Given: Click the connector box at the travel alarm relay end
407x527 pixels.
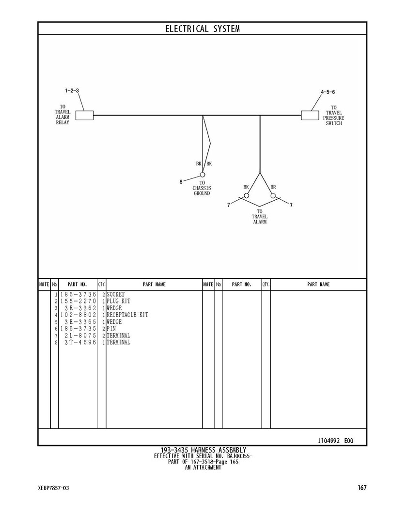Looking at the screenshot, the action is (x=84, y=115).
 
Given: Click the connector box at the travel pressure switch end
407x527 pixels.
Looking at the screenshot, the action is (x=310, y=115).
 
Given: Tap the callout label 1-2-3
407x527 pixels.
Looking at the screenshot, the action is (x=72, y=91).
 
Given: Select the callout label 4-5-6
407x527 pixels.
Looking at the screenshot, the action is (x=328, y=92).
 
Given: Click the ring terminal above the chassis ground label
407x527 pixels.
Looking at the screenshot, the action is (x=203, y=175).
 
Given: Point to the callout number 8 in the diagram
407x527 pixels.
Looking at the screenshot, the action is (x=181, y=182).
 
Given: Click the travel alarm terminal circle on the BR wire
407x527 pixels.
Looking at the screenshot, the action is (x=273, y=195).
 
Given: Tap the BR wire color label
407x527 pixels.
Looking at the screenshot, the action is (x=273, y=187).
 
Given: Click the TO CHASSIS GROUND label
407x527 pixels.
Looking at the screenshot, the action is (x=202, y=188).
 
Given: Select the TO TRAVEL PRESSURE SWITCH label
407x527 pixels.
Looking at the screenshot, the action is (x=333, y=115).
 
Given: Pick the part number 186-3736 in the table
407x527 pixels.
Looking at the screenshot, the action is (x=78, y=294).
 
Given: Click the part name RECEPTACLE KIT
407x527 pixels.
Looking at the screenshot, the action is (x=127, y=315).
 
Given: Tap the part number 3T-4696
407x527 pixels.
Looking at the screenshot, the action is (x=80, y=342).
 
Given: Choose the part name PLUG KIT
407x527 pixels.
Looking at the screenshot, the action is (x=119, y=301).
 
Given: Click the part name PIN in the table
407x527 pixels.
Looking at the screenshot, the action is (x=111, y=329).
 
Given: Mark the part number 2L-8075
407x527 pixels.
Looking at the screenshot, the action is (x=80, y=335).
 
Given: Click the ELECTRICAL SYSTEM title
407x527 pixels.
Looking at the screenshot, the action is (x=203, y=29).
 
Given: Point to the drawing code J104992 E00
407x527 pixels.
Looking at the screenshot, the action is (x=336, y=441).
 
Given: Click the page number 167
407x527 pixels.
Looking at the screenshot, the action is (x=362, y=488).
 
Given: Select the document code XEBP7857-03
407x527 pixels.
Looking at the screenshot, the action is (x=53, y=488).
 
